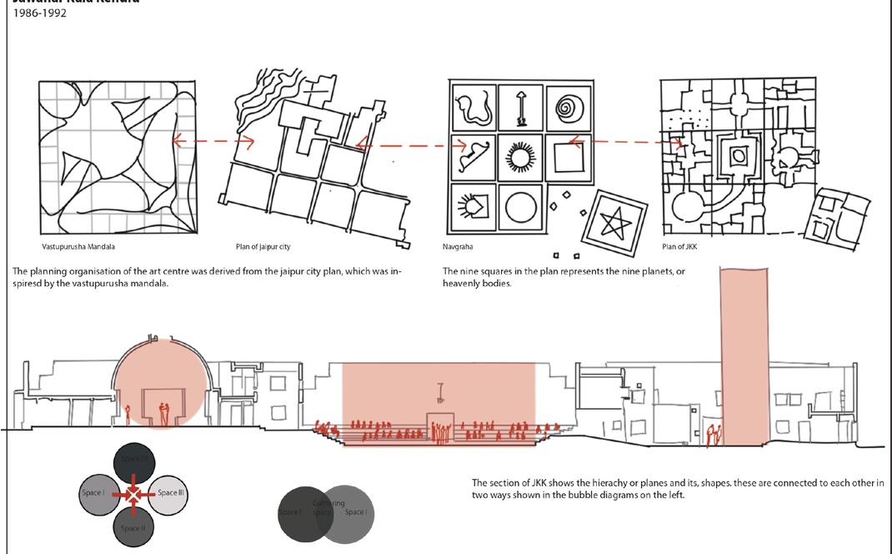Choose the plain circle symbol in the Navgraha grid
click(522, 206)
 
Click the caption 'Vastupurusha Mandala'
click(78, 247)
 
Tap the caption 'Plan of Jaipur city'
click(263, 247)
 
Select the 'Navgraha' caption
click(457, 247)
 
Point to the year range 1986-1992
click(40, 13)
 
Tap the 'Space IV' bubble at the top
click(133, 460)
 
